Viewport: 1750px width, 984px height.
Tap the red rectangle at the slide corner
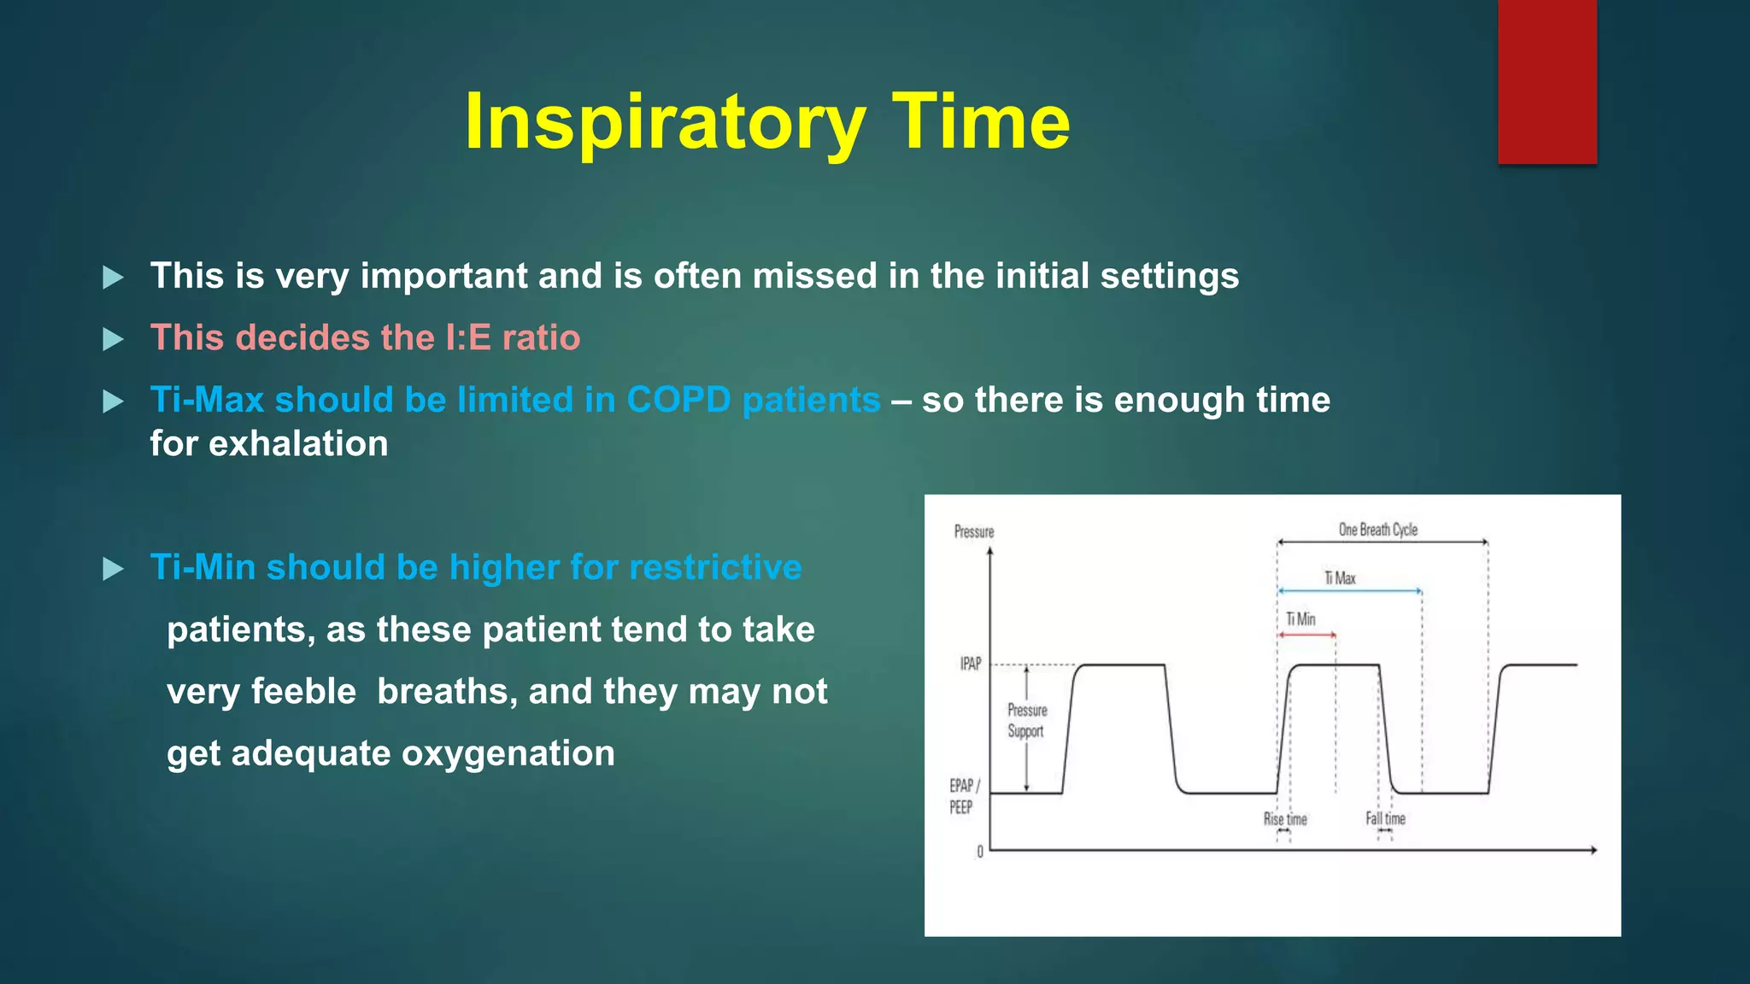(x=1547, y=81)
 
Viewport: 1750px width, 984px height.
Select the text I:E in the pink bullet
(x=468, y=338)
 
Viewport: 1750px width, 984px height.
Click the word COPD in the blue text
(x=678, y=400)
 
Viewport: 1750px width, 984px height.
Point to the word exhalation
(x=298, y=444)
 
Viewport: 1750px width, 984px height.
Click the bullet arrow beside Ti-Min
(x=113, y=569)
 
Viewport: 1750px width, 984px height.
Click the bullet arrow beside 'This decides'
(x=113, y=339)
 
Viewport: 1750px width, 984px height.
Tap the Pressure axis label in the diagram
(x=974, y=531)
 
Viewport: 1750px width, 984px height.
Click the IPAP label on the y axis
(x=971, y=664)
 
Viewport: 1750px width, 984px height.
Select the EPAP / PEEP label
(x=964, y=796)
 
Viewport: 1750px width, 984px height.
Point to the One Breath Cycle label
(x=1377, y=530)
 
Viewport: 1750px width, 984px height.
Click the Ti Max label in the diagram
(x=1340, y=578)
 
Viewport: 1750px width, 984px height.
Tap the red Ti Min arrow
(x=1307, y=635)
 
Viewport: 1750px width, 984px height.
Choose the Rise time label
(x=1285, y=819)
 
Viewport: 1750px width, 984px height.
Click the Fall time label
(x=1385, y=818)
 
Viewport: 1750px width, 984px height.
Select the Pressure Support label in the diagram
(x=1027, y=720)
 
